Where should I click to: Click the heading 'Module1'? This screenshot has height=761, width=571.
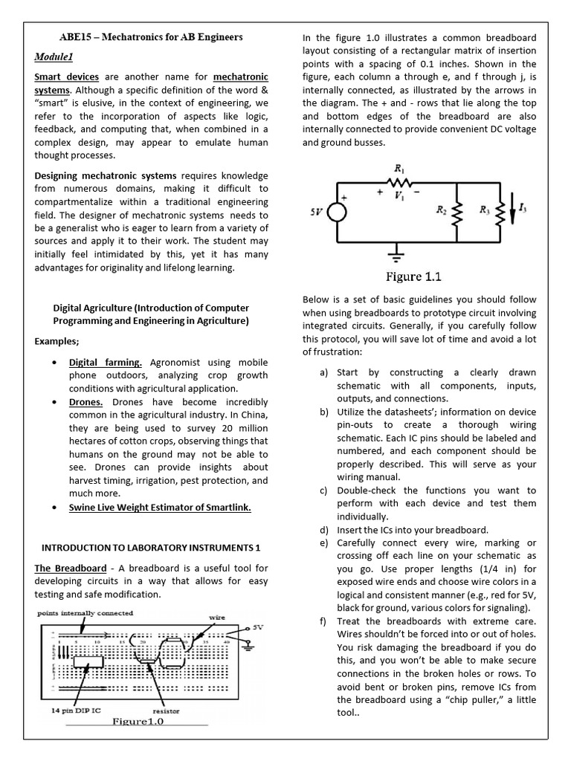click(54, 56)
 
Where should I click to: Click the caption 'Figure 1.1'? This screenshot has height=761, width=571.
click(413, 277)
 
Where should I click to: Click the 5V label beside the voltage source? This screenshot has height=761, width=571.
click(317, 211)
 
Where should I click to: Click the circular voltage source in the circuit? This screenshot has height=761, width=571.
click(337, 212)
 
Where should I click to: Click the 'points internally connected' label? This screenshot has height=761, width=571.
click(86, 613)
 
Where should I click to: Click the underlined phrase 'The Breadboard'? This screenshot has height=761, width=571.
click(71, 569)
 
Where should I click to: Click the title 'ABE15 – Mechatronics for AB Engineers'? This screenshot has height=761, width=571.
click(151, 36)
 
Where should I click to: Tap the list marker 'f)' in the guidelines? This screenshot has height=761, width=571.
click(324, 621)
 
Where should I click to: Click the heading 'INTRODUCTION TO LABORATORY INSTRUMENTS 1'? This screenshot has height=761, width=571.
click(151, 548)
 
